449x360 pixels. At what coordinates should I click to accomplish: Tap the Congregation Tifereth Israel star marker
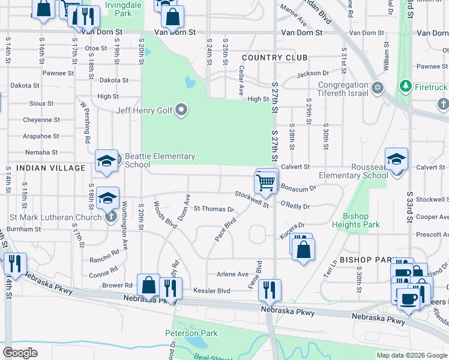(378, 88)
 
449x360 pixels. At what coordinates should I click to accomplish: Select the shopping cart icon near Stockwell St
(266, 182)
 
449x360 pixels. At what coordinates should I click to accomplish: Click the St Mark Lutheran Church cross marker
(110, 217)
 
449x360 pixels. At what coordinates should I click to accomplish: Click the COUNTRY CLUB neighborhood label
(275, 58)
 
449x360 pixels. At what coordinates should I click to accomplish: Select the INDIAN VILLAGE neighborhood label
(51, 168)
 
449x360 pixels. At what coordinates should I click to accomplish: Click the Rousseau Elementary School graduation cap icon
(396, 160)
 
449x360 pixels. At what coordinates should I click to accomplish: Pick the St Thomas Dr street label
(213, 209)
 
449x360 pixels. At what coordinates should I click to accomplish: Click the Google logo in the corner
(20, 353)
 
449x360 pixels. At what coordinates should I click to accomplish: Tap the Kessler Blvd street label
(211, 291)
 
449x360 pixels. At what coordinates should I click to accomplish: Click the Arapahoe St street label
(41, 136)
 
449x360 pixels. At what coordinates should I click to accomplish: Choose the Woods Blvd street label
(164, 215)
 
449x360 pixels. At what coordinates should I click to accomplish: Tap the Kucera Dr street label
(293, 227)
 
